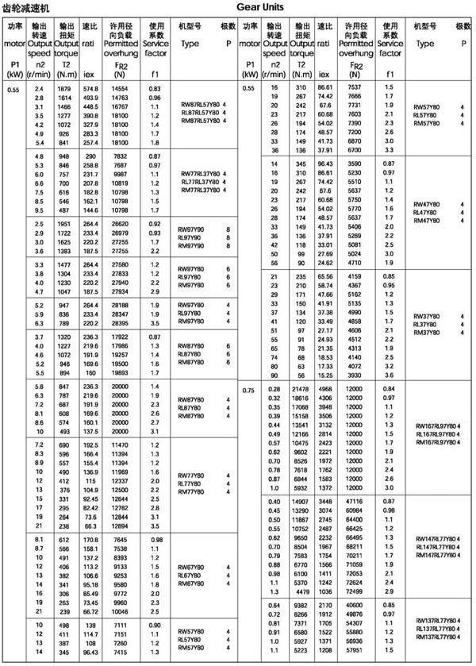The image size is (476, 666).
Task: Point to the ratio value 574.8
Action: pyautogui.click(x=90, y=88)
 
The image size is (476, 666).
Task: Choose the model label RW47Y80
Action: pyautogui.click(x=429, y=204)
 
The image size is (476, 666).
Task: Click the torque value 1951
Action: pyautogui.click(x=64, y=225)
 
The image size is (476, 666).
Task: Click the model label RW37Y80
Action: pyautogui.click(x=429, y=317)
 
